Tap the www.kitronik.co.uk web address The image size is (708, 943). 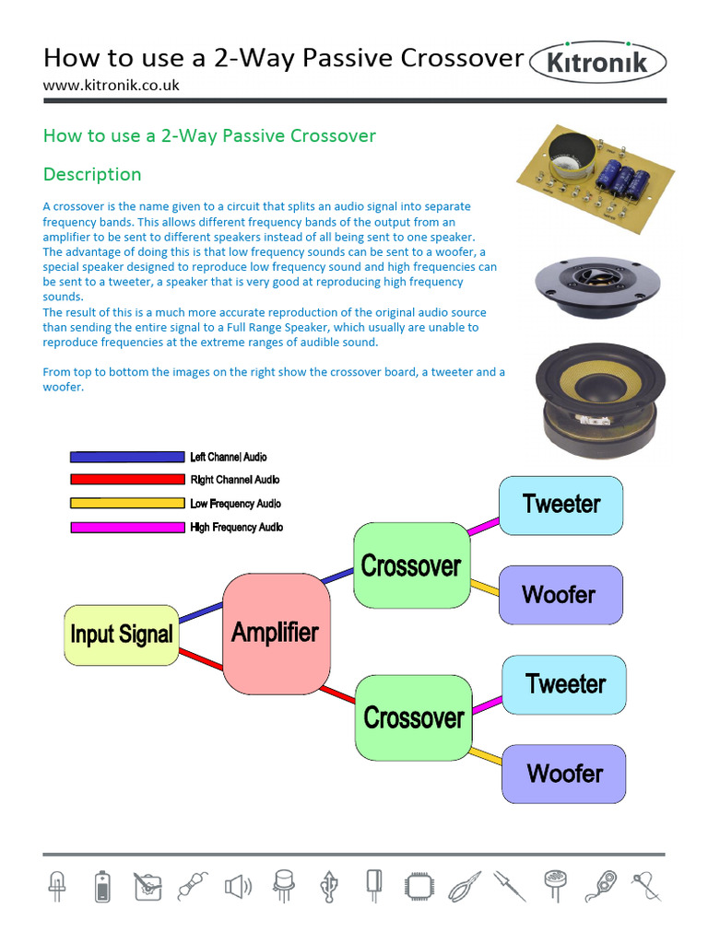point(111,85)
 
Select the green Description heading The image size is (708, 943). point(92,174)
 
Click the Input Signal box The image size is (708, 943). point(121,634)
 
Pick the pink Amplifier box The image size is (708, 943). point(275,633)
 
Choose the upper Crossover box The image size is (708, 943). point(410,565)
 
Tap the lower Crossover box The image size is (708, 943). point(413,717)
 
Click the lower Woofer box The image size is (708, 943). point(564,774)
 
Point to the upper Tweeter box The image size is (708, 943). point(560,505)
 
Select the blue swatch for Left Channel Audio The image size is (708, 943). point(127,457)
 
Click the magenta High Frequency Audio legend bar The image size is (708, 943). point(127,528)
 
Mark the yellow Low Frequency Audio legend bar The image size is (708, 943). point(127,504)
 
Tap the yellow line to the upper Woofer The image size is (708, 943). point(485,587)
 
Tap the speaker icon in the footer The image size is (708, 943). point(237,887)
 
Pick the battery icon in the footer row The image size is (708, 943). point(101,887)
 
